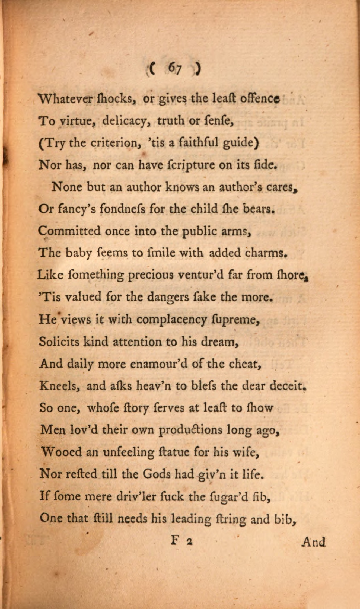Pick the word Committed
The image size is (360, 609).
click(69, 231)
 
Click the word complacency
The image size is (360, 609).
click(172, 320)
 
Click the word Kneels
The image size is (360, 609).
click(59, 386)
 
